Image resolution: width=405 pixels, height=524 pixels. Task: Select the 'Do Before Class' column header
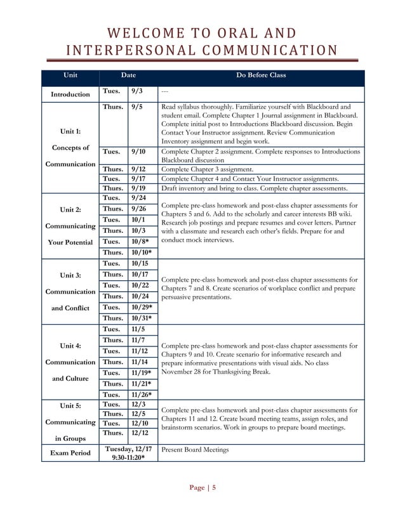[x=260, y=75]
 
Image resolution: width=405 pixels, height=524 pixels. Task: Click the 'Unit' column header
[x=70, y=75]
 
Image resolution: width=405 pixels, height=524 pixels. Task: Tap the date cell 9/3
[x=136, y=91]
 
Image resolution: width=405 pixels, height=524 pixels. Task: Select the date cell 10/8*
[x=141, y=242]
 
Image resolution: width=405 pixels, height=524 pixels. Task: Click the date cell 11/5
[x=138, y=330]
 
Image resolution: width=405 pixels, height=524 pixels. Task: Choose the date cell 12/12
[x=139, y=433]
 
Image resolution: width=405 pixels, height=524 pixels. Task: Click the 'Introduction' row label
[x=70, y=95]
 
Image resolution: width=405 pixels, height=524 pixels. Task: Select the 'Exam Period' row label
[x=70, y=453]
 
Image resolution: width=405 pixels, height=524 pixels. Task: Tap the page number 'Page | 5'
[x=202, y=487]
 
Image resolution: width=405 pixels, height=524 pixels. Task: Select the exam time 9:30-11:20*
[x=128, y=457]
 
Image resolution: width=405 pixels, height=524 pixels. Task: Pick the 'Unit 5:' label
[x=70, y=405]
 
